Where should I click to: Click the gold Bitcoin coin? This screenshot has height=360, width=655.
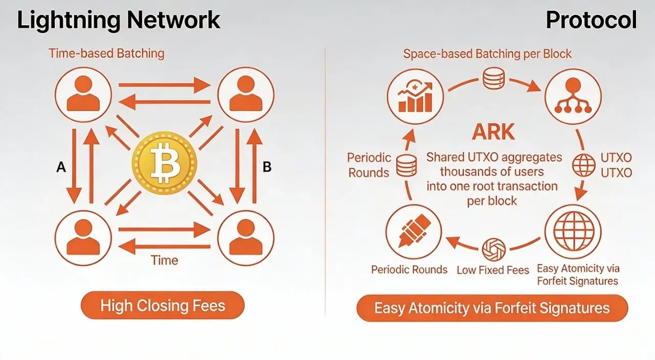tap(164, 164)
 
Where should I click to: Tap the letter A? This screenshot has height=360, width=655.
tap(61, 168)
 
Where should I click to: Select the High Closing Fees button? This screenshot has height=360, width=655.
tap(163, 306)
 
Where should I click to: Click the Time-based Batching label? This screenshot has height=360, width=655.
tap(106, 54)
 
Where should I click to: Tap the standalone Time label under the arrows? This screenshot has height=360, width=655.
tap(164, 260)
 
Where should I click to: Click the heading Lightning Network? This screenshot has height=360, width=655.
tap(119, 20)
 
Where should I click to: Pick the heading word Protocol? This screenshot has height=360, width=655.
tap(591, 20)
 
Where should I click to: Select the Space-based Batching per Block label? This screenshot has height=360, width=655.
tap(487, 54)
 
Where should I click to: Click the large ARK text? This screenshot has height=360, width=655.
tap(494, 132)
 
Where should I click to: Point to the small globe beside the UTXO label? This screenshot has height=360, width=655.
tap(584, 165)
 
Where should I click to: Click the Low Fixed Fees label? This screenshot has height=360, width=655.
tap(493, 269)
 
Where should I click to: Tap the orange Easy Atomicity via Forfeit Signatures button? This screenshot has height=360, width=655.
tap(492, 308)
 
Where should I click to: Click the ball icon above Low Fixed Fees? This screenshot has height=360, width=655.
tap(494, 250)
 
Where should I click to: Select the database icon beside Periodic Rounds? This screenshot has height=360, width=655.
tap(407, 165)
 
